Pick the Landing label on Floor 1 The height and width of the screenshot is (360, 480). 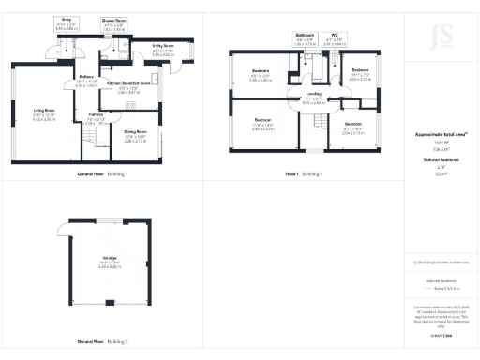point(313,93)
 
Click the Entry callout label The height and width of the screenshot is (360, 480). point(66,20)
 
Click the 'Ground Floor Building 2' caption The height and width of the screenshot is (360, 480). point(102,341)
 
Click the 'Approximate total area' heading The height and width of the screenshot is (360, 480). point(441,135)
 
